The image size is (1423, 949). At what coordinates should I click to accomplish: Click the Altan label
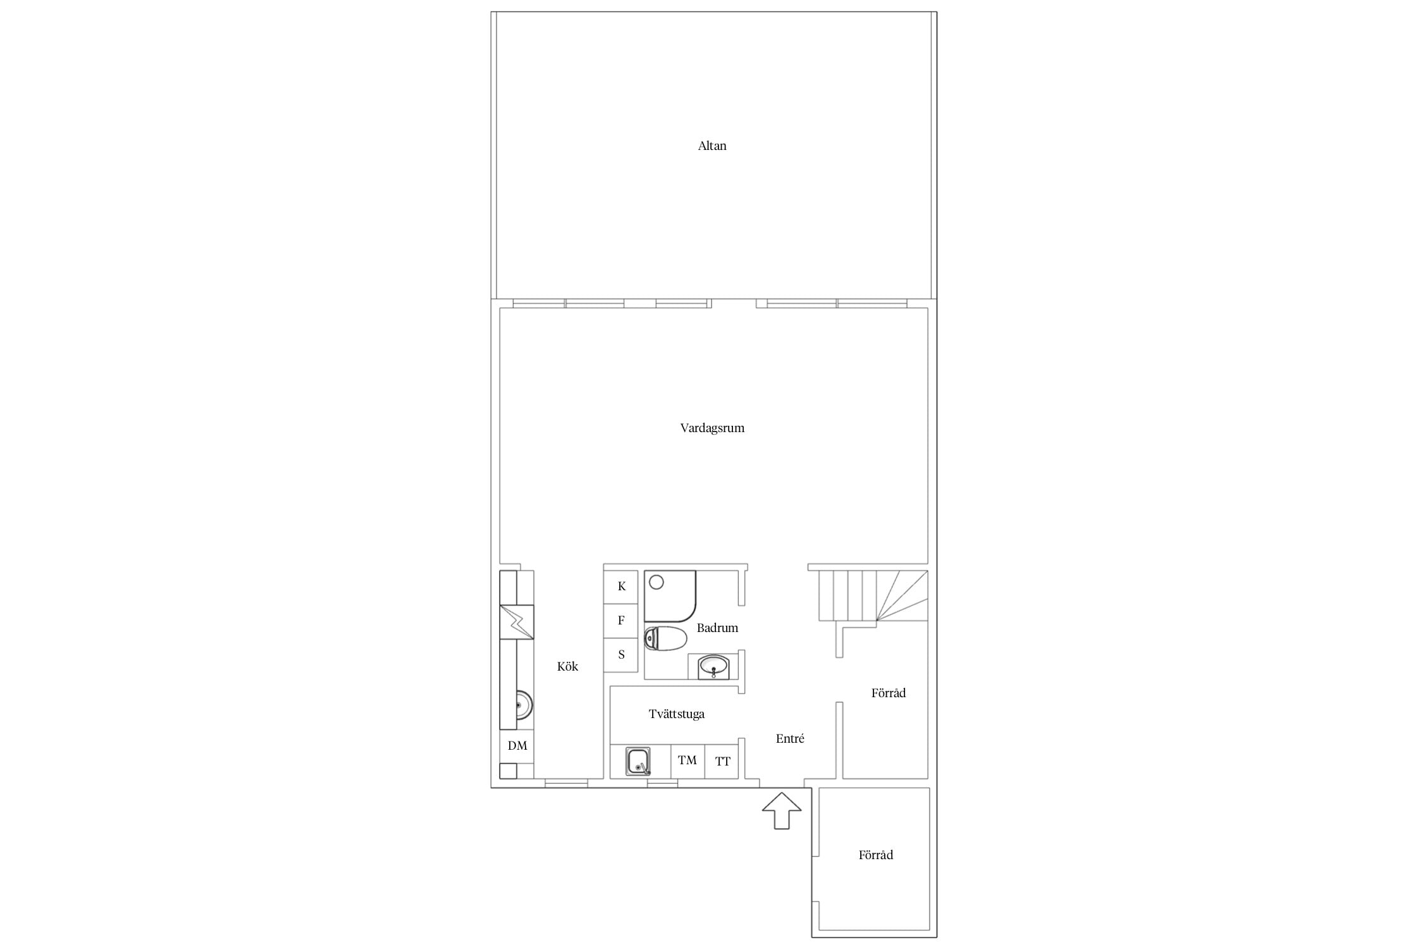click(712, 146)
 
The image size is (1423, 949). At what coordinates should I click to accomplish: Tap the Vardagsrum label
click(712, 428)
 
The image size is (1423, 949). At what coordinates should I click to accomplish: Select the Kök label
click(567, 666)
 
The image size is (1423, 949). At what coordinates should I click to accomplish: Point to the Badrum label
click(717, 628)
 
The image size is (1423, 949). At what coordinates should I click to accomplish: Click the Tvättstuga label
click(676, 714)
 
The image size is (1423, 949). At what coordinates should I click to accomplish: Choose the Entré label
click(790, 738)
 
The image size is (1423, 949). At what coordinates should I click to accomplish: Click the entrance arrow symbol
click(782, 810)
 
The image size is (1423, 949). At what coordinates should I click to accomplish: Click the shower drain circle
click(656, 582)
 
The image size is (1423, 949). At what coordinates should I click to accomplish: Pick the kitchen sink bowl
click(524, 705)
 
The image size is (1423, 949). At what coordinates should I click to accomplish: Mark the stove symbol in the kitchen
click(517, 623)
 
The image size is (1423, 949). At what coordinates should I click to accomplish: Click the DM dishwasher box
click(517, 746)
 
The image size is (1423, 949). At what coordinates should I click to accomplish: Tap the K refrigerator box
click(621, 586)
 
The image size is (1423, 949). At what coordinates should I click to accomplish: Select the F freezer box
click(621, 621)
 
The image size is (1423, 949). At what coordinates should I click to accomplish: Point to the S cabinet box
click(621, 655)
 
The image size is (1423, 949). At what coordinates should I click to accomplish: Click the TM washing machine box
click(687, 761)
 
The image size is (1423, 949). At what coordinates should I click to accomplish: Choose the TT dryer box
click(722, 761)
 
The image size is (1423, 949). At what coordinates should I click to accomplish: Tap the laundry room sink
click(638, 761)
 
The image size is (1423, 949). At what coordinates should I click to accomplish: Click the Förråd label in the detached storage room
click(876, 855)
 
